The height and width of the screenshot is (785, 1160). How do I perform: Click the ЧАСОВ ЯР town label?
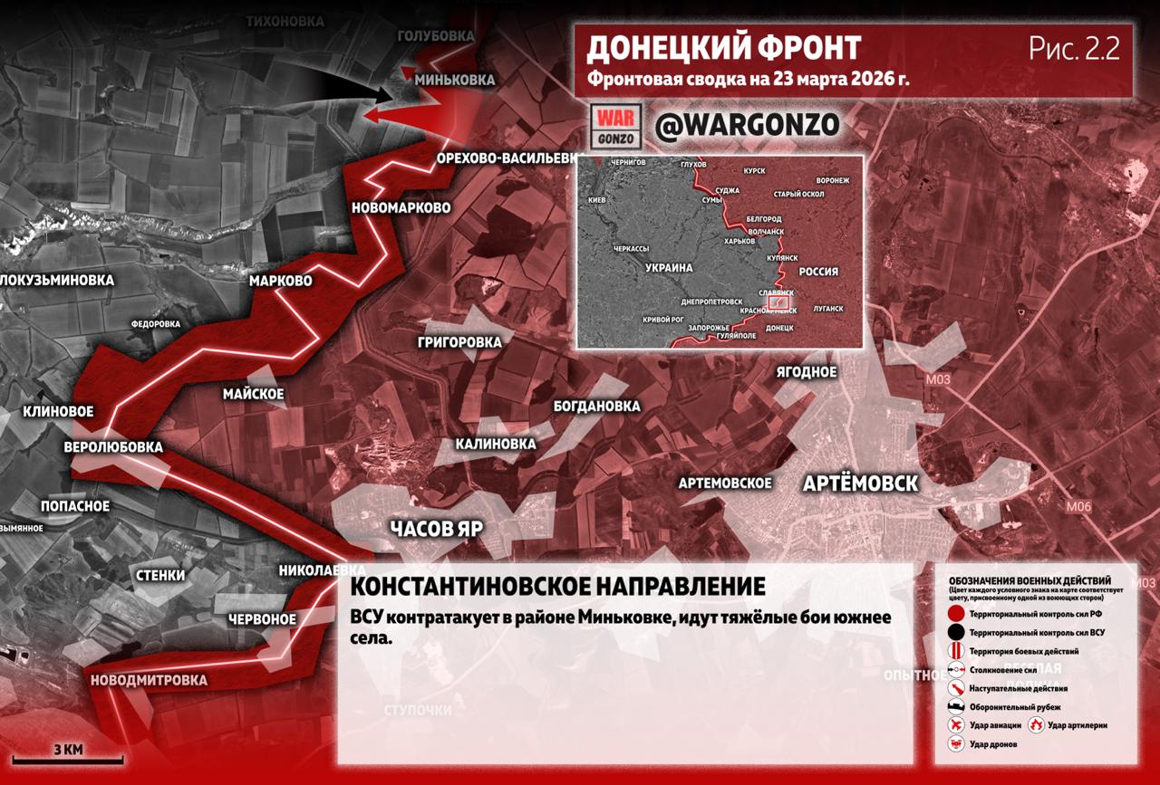click(437, 530)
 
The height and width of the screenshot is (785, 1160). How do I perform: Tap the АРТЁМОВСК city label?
click(860, 483)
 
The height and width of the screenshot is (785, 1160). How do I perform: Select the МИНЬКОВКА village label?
click(455, 80)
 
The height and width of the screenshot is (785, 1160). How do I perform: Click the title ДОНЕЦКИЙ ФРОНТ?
click(724, 49)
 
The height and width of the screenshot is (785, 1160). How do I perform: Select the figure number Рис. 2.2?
click(1074, 49)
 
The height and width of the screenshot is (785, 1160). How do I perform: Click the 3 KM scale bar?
click(68, 758)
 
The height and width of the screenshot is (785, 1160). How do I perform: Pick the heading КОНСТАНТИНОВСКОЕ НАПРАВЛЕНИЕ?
click(557, 586)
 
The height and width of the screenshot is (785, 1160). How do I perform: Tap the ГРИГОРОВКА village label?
click(459, 342)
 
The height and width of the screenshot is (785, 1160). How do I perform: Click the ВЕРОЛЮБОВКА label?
click(113, 447)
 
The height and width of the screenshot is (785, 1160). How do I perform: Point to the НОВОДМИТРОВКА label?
click(149, 680)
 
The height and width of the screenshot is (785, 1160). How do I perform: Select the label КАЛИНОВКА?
click(496, 445)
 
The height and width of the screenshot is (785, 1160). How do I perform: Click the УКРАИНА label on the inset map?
click(669, 268)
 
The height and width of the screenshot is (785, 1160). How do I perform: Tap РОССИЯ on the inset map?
click(817, 272)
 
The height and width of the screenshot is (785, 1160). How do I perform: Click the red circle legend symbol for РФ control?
click(955, 614)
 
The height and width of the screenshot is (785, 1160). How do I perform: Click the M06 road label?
click(1078, 507)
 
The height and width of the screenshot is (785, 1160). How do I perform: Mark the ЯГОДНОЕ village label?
click(806, 372)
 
